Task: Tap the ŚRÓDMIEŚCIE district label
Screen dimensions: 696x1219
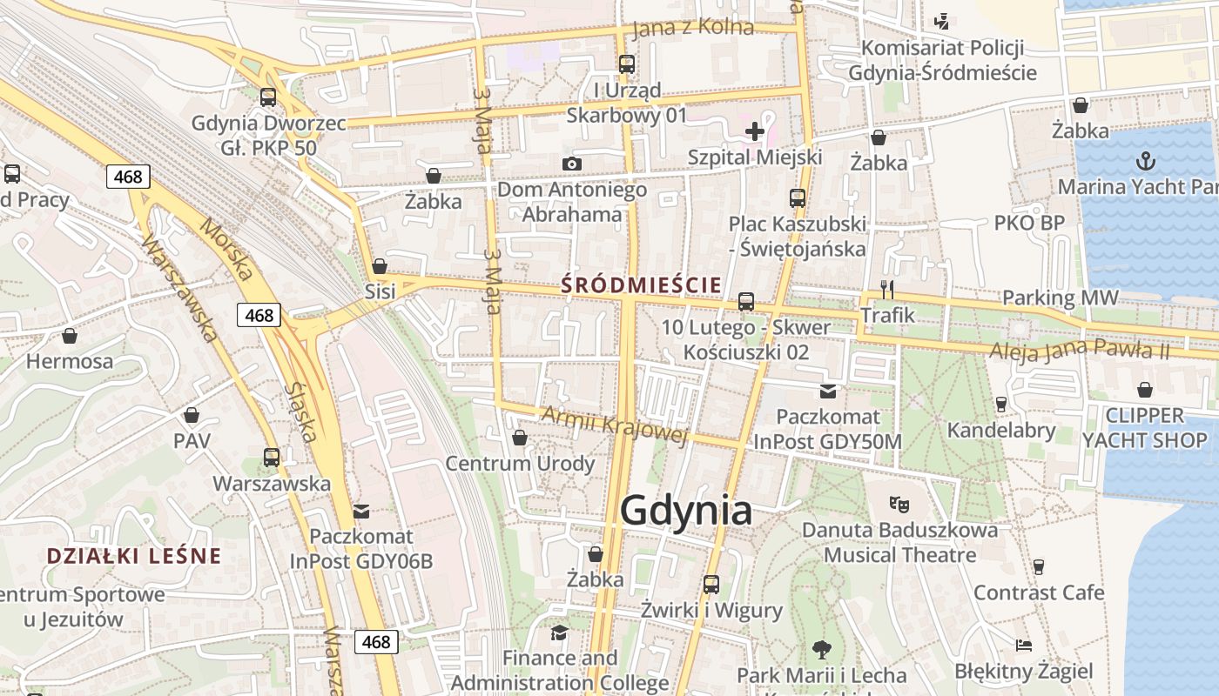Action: coord(641,284)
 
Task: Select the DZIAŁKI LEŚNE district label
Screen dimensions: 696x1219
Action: coord(134,556)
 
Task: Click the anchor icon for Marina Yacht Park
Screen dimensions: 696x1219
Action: coord(1146,161)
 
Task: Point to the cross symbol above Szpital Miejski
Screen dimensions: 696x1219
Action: coord(755,132)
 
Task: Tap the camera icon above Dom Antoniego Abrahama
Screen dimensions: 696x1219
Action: coord(571,164)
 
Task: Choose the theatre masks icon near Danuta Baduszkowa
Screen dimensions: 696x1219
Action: coord(899,503)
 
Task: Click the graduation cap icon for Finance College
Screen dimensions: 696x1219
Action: coord(559,632)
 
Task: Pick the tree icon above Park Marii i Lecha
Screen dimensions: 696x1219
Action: coord(820,649)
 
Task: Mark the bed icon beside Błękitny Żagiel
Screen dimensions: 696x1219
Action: coord(1024,646)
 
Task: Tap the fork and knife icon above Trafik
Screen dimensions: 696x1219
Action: coord(887,289)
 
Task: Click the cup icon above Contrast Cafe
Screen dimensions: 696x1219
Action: coord(1038,567)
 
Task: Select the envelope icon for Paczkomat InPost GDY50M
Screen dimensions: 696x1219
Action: coord(827,391)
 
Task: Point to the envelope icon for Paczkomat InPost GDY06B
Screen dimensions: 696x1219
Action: coord(360,511)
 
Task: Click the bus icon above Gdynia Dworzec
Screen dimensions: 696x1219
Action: coord(268,97)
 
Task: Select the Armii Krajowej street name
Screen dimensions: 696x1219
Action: coord(615,425)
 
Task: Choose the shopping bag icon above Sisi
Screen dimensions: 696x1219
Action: coord(380,266)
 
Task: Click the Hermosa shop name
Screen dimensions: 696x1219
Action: coord(70,361)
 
